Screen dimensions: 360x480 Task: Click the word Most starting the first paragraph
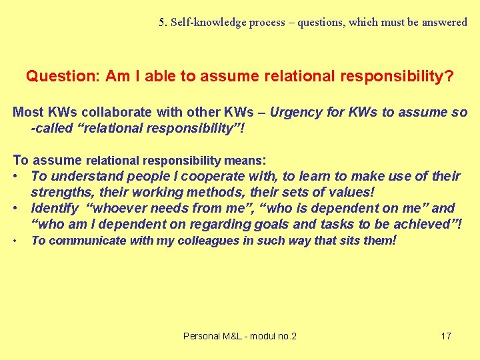tap(28, 112)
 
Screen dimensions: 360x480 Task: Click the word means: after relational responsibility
tap(245, 160)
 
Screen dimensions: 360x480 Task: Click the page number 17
tap(446, 336)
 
